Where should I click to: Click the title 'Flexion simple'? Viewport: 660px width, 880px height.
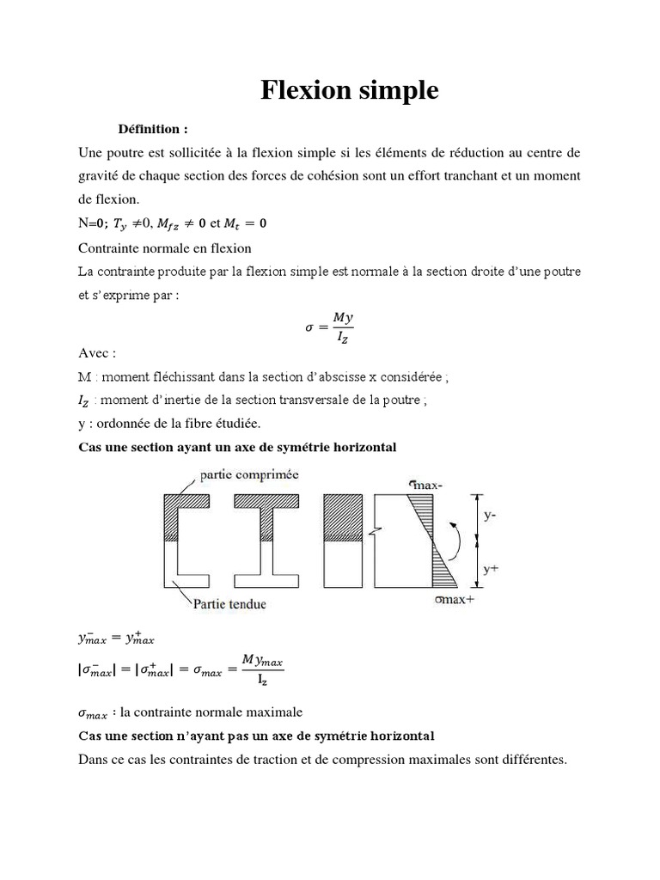pyautogui.click(x=350, y=91)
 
